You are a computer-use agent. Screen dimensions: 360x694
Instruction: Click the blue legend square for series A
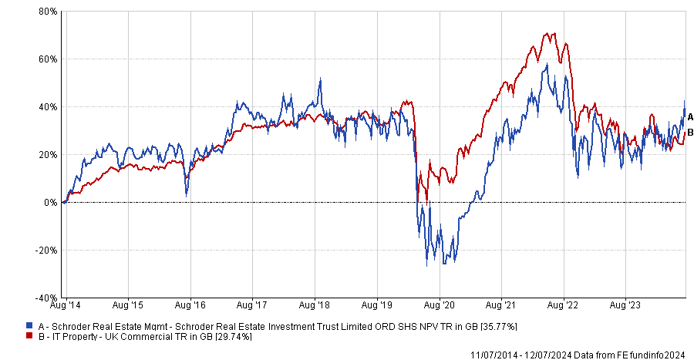(x=29, y=326)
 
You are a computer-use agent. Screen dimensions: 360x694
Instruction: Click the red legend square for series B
(x=29, y=337)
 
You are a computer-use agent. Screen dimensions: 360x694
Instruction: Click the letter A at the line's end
(x=690, y=117)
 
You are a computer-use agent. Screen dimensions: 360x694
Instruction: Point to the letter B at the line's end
(x=690, y=133)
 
